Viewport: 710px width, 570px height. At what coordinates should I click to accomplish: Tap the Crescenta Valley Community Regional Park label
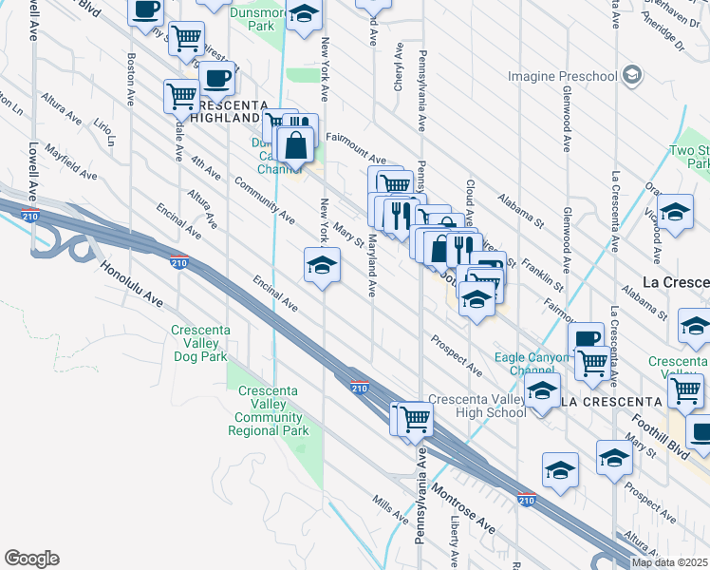pyautogui.click(x=269, y=410)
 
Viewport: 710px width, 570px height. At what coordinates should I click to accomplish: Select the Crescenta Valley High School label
pyautogui.click(x=477, y=406)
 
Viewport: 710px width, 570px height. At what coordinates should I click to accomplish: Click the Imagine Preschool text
pyautogui.click(x=562, y=75)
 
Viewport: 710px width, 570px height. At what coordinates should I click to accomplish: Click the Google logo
pyautogui.click(x=31, y=559)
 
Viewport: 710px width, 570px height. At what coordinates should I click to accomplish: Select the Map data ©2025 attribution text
pyautogui.click(x=669, y=562)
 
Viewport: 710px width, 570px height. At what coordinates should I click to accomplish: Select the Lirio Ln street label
pyautogui.click(x=104, y=132)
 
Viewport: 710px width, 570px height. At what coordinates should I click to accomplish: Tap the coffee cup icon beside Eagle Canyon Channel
pyautogui.click(x=586, y=338)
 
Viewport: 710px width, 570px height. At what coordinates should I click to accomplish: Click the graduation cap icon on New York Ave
pyautogui.click(x=322, y=265)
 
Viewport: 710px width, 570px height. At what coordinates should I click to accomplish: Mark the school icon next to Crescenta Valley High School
pyautogui.click(x=542, y=391)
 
